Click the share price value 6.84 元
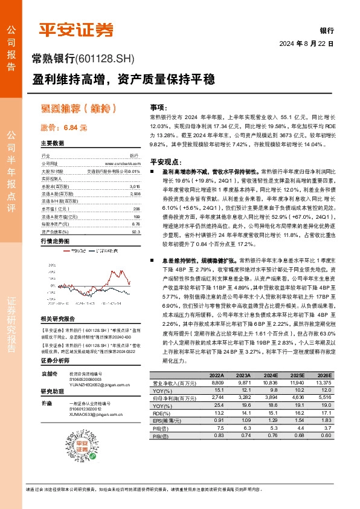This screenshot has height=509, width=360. (x=63, y=128)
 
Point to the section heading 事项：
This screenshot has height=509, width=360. (x=158, y=106)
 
